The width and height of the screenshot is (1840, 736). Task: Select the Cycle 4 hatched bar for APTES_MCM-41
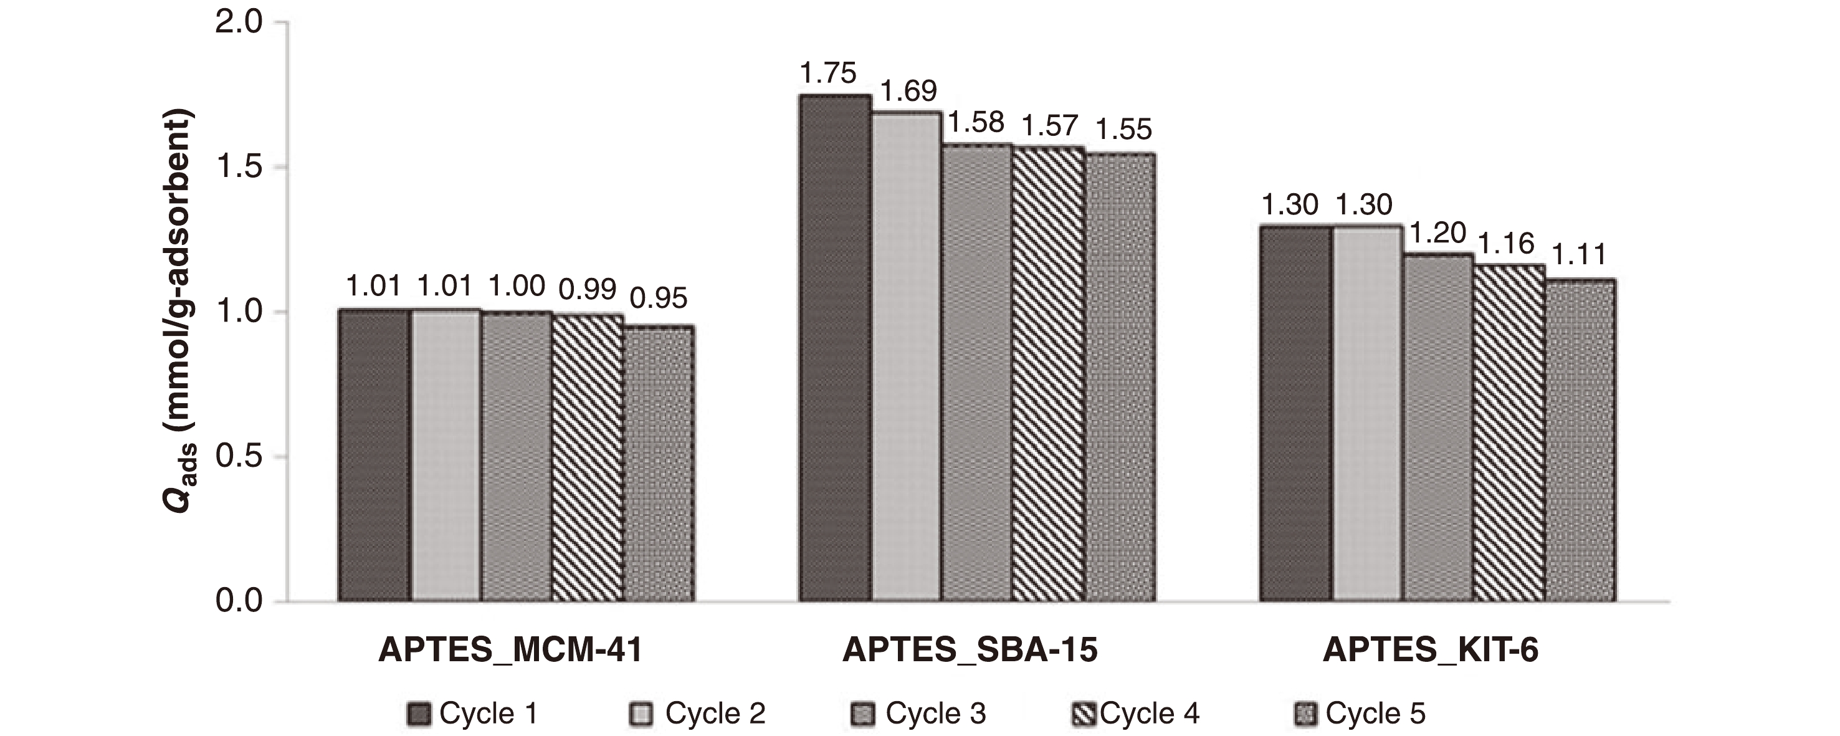tap(587, 457)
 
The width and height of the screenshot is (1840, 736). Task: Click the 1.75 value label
tap(828, 74)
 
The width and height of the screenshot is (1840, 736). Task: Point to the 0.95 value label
tap(659, 299)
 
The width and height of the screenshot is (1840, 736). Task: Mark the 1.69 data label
tap(908, 92)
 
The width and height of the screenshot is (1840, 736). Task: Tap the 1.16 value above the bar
tap(1506, 244)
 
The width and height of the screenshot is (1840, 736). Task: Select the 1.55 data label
tap(1123, 130)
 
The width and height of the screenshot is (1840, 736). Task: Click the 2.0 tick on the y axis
tap(239, 23)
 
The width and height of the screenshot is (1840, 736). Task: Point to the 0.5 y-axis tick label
tap(239, 457)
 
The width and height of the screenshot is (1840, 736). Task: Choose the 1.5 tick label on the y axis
tap(239, 167)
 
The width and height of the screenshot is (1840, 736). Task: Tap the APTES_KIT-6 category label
tap(1430, 650)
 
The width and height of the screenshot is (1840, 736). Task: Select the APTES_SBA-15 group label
tap(970, 650)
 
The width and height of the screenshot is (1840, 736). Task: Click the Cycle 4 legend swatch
tap(1084, 714)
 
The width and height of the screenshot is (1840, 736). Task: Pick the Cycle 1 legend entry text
tap(488, 714)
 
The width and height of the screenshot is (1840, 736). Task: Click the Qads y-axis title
tap(178, 311)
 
